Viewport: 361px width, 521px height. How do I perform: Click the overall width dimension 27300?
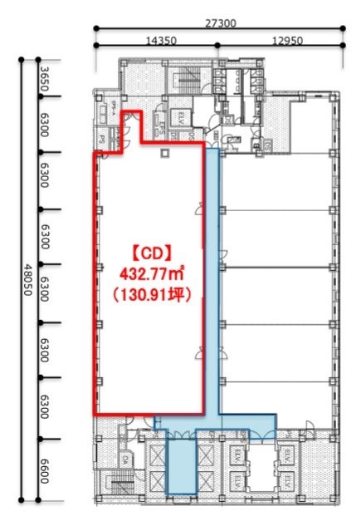tap(218, 24)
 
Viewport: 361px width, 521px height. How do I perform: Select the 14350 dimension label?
tap(158, 39)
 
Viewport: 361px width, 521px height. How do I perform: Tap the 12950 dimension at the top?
tap(280, 39)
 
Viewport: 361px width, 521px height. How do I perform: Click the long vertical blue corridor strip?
tap(212, 283)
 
